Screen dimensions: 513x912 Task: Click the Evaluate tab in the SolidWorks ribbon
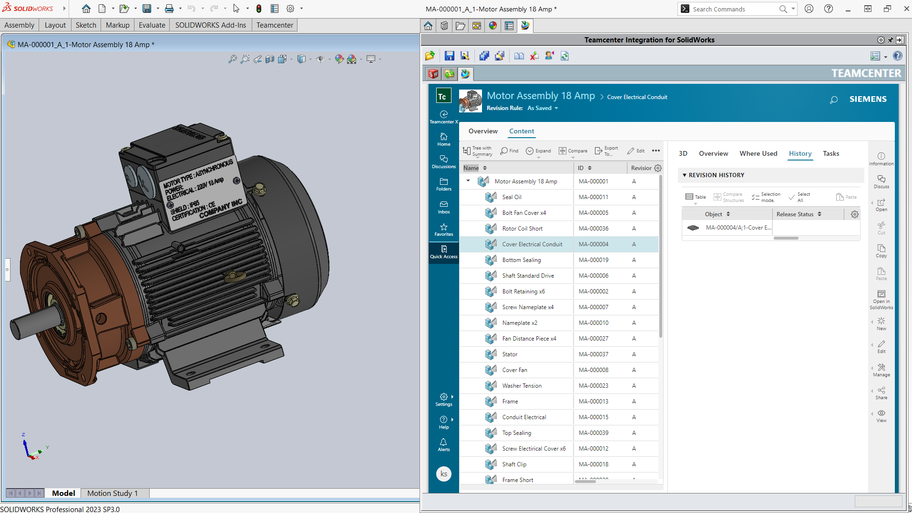point(152,25)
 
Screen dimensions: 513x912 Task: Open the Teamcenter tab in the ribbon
point(274,25)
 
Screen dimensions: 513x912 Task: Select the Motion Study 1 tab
point(113,493)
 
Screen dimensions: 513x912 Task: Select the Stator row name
point(510,354)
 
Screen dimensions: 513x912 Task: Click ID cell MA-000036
point(594,229)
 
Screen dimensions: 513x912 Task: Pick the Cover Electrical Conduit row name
point(532,244)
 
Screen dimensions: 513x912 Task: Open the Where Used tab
point(758,153)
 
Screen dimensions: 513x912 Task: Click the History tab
point(800,153)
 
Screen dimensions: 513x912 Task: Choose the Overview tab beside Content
point(483,131)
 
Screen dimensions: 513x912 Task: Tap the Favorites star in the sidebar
point(443,229)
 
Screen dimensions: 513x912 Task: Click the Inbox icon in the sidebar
point(443,207)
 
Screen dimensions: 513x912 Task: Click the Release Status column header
point(795,214)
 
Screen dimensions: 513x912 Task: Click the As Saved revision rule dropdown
point(543,108)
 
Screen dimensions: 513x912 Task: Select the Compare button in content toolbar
point(573,151)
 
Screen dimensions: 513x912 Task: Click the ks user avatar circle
point(443,473)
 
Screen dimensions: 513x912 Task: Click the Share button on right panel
point(881,393)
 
